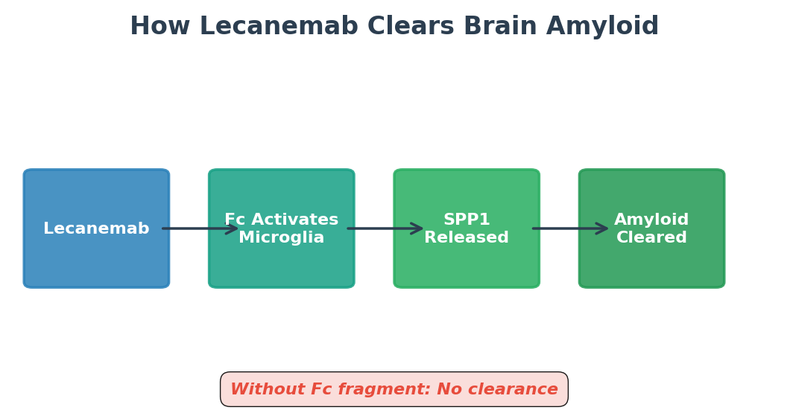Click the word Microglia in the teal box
[x=282, y=238]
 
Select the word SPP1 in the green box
[x=467, y=220]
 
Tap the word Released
[x=467, y=238]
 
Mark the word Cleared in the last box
[x=651, y=238]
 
